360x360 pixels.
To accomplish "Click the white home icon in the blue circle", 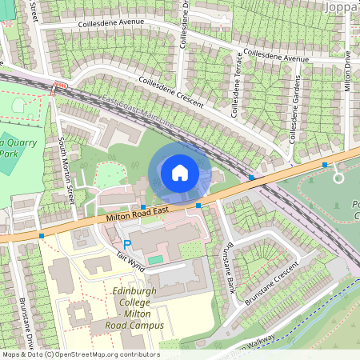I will [180, 173].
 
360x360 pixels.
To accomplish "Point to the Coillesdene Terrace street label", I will [237, 85].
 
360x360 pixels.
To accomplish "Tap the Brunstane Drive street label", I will [24, 320].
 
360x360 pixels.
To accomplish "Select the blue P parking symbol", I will [126, 243].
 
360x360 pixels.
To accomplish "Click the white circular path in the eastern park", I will [338, 178].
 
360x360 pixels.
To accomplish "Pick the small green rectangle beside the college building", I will [154, 260].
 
